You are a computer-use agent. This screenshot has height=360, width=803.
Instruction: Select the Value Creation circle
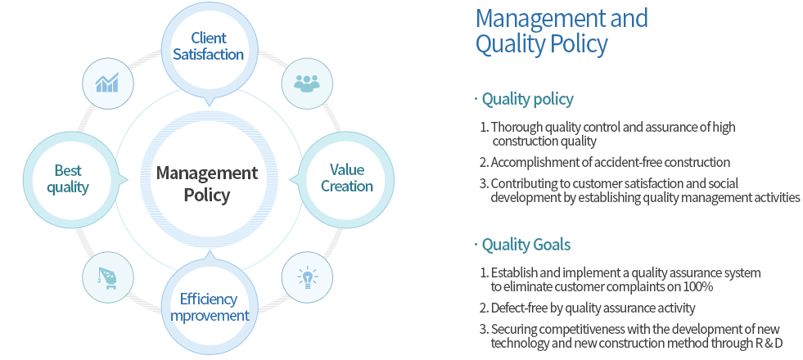click(346, 178)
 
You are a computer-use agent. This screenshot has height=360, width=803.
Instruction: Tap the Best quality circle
click(72, 178)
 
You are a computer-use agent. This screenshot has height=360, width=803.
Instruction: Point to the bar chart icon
click(107, 83)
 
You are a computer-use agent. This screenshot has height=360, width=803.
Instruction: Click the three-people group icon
click(307, 83)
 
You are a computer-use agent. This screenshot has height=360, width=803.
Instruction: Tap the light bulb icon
click(307, 278)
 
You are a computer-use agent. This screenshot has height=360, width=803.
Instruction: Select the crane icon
click(107, 278)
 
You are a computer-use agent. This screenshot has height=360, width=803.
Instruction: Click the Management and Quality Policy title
click(562, 30)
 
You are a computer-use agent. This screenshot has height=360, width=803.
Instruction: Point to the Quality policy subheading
click(527, 99)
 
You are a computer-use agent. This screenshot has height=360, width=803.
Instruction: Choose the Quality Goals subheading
click(526, 245)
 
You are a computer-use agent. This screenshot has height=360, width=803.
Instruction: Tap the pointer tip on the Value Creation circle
click(291, 180)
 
